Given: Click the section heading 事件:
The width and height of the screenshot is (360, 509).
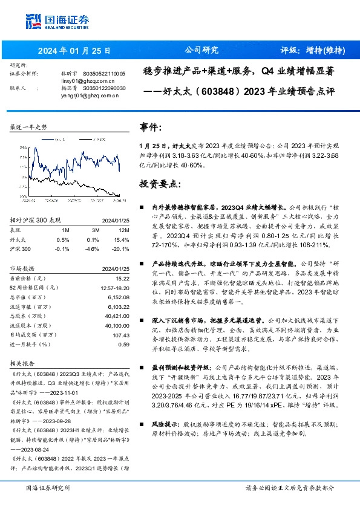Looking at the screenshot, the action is [151, 128].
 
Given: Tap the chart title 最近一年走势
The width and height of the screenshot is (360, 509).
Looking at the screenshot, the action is [28, 128].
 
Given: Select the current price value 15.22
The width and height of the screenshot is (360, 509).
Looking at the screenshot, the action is [123, 277].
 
